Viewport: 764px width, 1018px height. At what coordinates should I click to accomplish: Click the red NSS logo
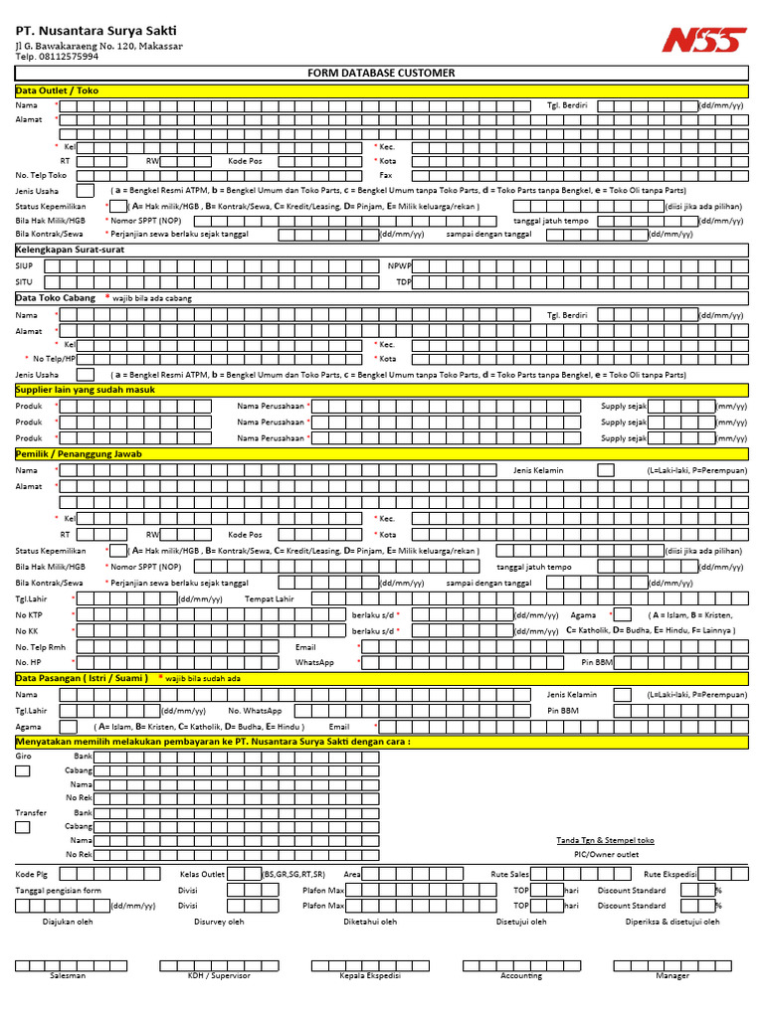(703, 40)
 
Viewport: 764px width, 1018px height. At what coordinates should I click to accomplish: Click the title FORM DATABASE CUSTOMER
(381, 74)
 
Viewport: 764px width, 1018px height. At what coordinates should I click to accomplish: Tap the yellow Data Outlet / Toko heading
(57, 90)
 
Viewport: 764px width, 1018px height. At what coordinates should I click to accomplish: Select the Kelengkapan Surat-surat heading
(70, 250)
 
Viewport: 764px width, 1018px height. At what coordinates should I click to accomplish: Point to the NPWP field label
(399, 265)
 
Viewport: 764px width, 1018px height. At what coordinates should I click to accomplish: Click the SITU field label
(24, 281)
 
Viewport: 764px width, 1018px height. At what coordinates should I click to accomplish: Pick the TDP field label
(403, 281)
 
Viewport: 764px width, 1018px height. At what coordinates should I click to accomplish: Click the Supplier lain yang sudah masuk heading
(85, 390)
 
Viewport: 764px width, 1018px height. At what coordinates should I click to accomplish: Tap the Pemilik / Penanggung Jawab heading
(79, 453)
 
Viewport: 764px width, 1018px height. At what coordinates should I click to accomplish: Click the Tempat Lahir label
(270, 598)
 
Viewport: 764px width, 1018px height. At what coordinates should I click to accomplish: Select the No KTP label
(29, 615)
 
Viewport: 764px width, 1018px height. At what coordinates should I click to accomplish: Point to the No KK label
(27, 631)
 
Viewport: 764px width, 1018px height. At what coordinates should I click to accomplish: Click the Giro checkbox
(23, 770)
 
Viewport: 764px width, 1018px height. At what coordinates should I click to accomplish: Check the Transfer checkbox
(23, 826)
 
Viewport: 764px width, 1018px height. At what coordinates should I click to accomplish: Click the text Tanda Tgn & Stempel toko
(605, 840)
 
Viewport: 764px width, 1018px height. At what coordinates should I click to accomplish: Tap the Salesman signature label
(68, 975)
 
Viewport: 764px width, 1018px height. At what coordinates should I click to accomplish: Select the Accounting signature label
(521, 975)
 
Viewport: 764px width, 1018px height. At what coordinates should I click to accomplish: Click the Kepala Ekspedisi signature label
(371, 975)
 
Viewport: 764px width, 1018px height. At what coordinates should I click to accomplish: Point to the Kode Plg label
(31, 874)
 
